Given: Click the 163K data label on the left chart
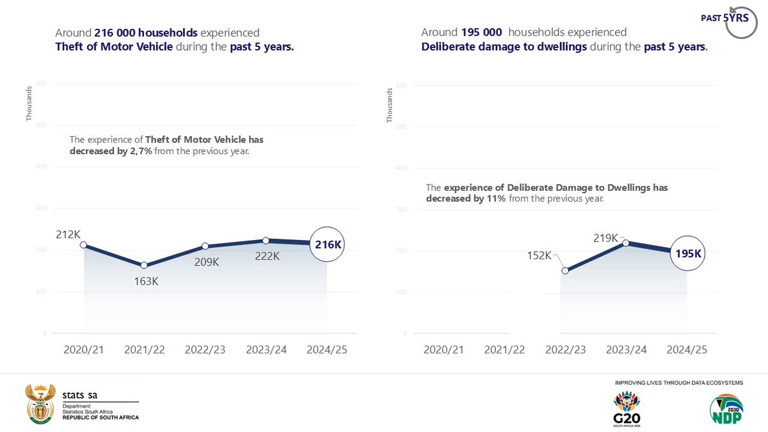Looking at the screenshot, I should pos(146,281).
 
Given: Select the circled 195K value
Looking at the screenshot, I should pos(689,253).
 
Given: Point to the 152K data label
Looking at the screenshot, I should pos(539,255).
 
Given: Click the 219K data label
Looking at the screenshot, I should pos(605,238).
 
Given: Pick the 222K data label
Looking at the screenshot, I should pos(267,256).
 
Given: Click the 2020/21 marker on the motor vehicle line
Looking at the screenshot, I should pos(83,245).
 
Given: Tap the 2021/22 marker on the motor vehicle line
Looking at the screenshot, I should pos(144,265).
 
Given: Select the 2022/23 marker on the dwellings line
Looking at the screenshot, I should pos(565,270).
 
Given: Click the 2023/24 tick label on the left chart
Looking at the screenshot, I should pos(266,350).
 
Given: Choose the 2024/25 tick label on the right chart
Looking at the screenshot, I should pos(687,350).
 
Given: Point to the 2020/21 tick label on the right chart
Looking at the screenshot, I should pos(444,350).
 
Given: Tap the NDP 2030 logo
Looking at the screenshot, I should pos(726,410).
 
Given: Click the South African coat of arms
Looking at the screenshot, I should pos(39,404).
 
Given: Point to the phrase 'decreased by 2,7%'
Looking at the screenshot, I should pos(111,151).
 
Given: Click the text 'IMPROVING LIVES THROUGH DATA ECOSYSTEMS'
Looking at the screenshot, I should pos(678,383).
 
